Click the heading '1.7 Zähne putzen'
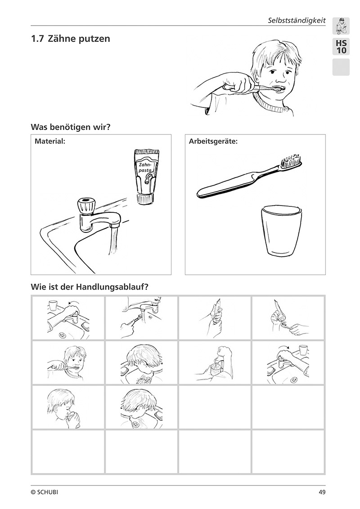71,39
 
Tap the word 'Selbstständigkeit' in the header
297,20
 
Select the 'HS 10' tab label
341,47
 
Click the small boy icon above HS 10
341,26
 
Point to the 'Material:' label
50,142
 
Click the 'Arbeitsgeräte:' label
213,142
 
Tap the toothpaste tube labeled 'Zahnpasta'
146,176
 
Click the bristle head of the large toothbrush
292,161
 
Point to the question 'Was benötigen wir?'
71,127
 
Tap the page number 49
322,492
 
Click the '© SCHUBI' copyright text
45,492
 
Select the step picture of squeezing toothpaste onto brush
288,318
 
